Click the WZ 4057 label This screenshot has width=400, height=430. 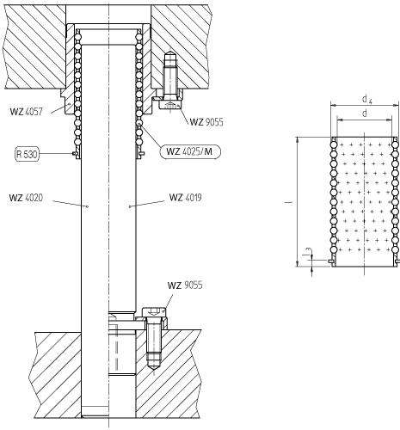click(27, 112)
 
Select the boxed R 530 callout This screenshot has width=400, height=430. click(27, 154)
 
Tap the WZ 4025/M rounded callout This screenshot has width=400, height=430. click(190, 151)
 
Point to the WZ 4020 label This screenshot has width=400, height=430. click(26, 198)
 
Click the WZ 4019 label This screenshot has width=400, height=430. click(186, 198)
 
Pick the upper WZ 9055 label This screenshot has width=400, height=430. click(206, 122)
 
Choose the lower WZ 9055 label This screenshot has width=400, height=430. click(185, 286)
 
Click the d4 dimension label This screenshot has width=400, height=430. click(367, 99)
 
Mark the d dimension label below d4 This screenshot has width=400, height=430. click(365, 114)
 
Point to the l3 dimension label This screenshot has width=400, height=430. click(308, 252)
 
